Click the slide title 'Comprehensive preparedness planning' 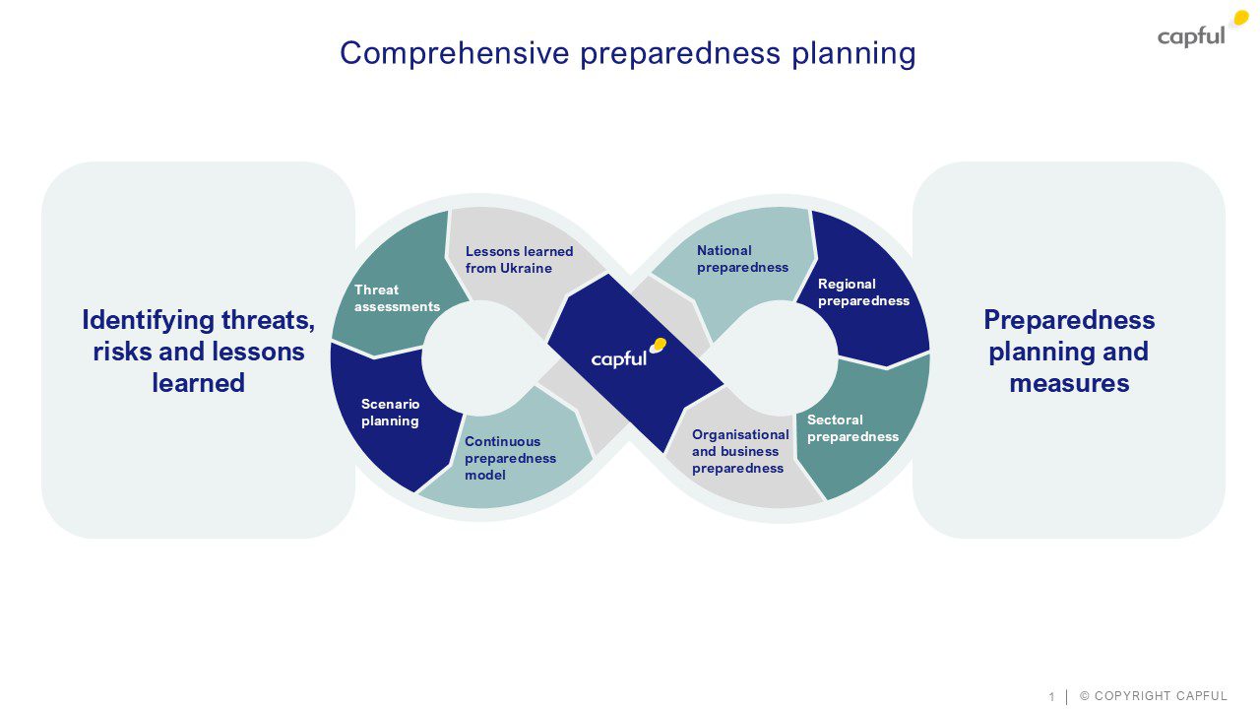point(628,53)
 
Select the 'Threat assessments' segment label point(397,297)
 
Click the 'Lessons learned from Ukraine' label point(519,260)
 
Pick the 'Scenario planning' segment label point(390,413)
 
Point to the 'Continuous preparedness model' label point(510,458)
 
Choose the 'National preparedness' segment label point(742,259)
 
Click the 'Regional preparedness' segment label point(863,292)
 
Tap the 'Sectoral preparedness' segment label point(852,428)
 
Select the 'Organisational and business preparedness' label point(740,451)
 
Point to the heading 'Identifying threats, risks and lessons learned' point(198,351)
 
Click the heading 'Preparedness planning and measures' point(1069,351)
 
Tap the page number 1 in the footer point(1051,697)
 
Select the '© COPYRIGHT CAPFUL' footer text point(1154,696)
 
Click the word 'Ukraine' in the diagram point(525,268)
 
